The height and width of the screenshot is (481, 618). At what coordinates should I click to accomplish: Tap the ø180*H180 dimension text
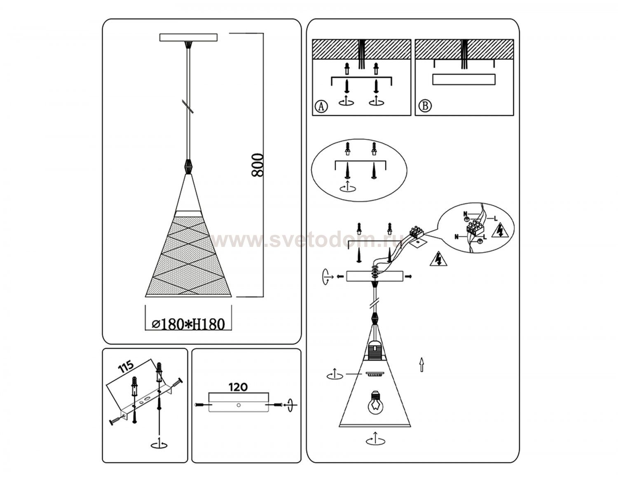(x=188, y=324)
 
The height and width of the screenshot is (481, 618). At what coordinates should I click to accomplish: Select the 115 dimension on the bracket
(x=126, y=367)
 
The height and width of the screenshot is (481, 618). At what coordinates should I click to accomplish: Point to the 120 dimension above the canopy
(x=238, y=387)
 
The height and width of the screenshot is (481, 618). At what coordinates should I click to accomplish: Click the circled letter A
(x=321, y=106)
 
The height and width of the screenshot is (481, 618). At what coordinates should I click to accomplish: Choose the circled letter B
(x=425, y=106)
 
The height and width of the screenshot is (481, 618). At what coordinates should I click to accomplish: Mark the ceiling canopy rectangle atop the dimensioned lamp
(x=188, y=38)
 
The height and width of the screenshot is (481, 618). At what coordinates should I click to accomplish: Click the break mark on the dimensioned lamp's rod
(x=188, y=106)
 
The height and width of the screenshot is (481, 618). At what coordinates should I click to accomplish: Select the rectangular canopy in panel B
(x=464, y=80)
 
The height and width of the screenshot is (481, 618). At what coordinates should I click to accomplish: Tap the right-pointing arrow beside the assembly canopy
(x=409, y=276)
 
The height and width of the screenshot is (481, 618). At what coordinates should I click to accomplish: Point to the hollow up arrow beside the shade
(x=421, y=365)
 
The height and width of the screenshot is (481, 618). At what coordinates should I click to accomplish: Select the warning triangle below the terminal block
(x=438, y=258)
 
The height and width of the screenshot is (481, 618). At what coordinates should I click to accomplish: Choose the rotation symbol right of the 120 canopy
(x=290, y=404)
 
